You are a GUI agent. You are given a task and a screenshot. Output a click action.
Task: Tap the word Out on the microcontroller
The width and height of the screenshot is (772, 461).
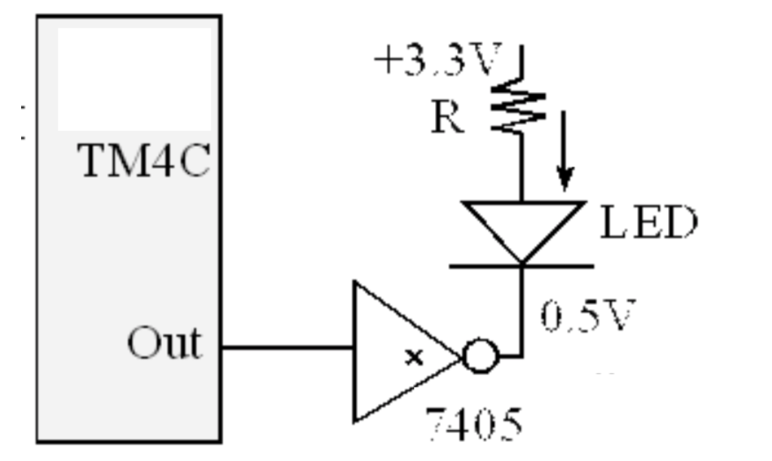coord(164,344)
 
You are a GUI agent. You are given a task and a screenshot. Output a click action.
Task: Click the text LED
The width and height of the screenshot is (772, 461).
coord(648,224)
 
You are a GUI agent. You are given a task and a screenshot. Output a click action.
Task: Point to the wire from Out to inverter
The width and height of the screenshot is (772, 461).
coord(286,349)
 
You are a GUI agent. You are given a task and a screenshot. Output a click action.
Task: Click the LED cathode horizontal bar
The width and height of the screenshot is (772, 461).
coord(522,265)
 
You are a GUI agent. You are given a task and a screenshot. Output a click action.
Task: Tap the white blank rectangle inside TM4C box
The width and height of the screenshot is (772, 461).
coord(134,79)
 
